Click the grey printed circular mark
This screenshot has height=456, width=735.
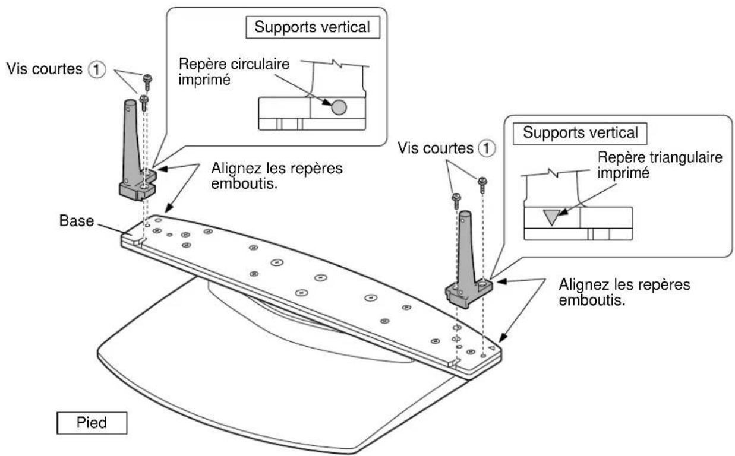pyautogui.click(x=337, y=107)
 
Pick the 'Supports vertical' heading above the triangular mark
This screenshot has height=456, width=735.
pyautogui.click(x=581, y=132)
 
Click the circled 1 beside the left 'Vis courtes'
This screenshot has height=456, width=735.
pyautogui.click(x=98, y=69)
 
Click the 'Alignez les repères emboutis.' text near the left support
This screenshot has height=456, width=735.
pyautogui.click(x=277, y=176)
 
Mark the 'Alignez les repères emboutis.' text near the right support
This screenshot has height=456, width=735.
pyautogui.click(x=624, y=293)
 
